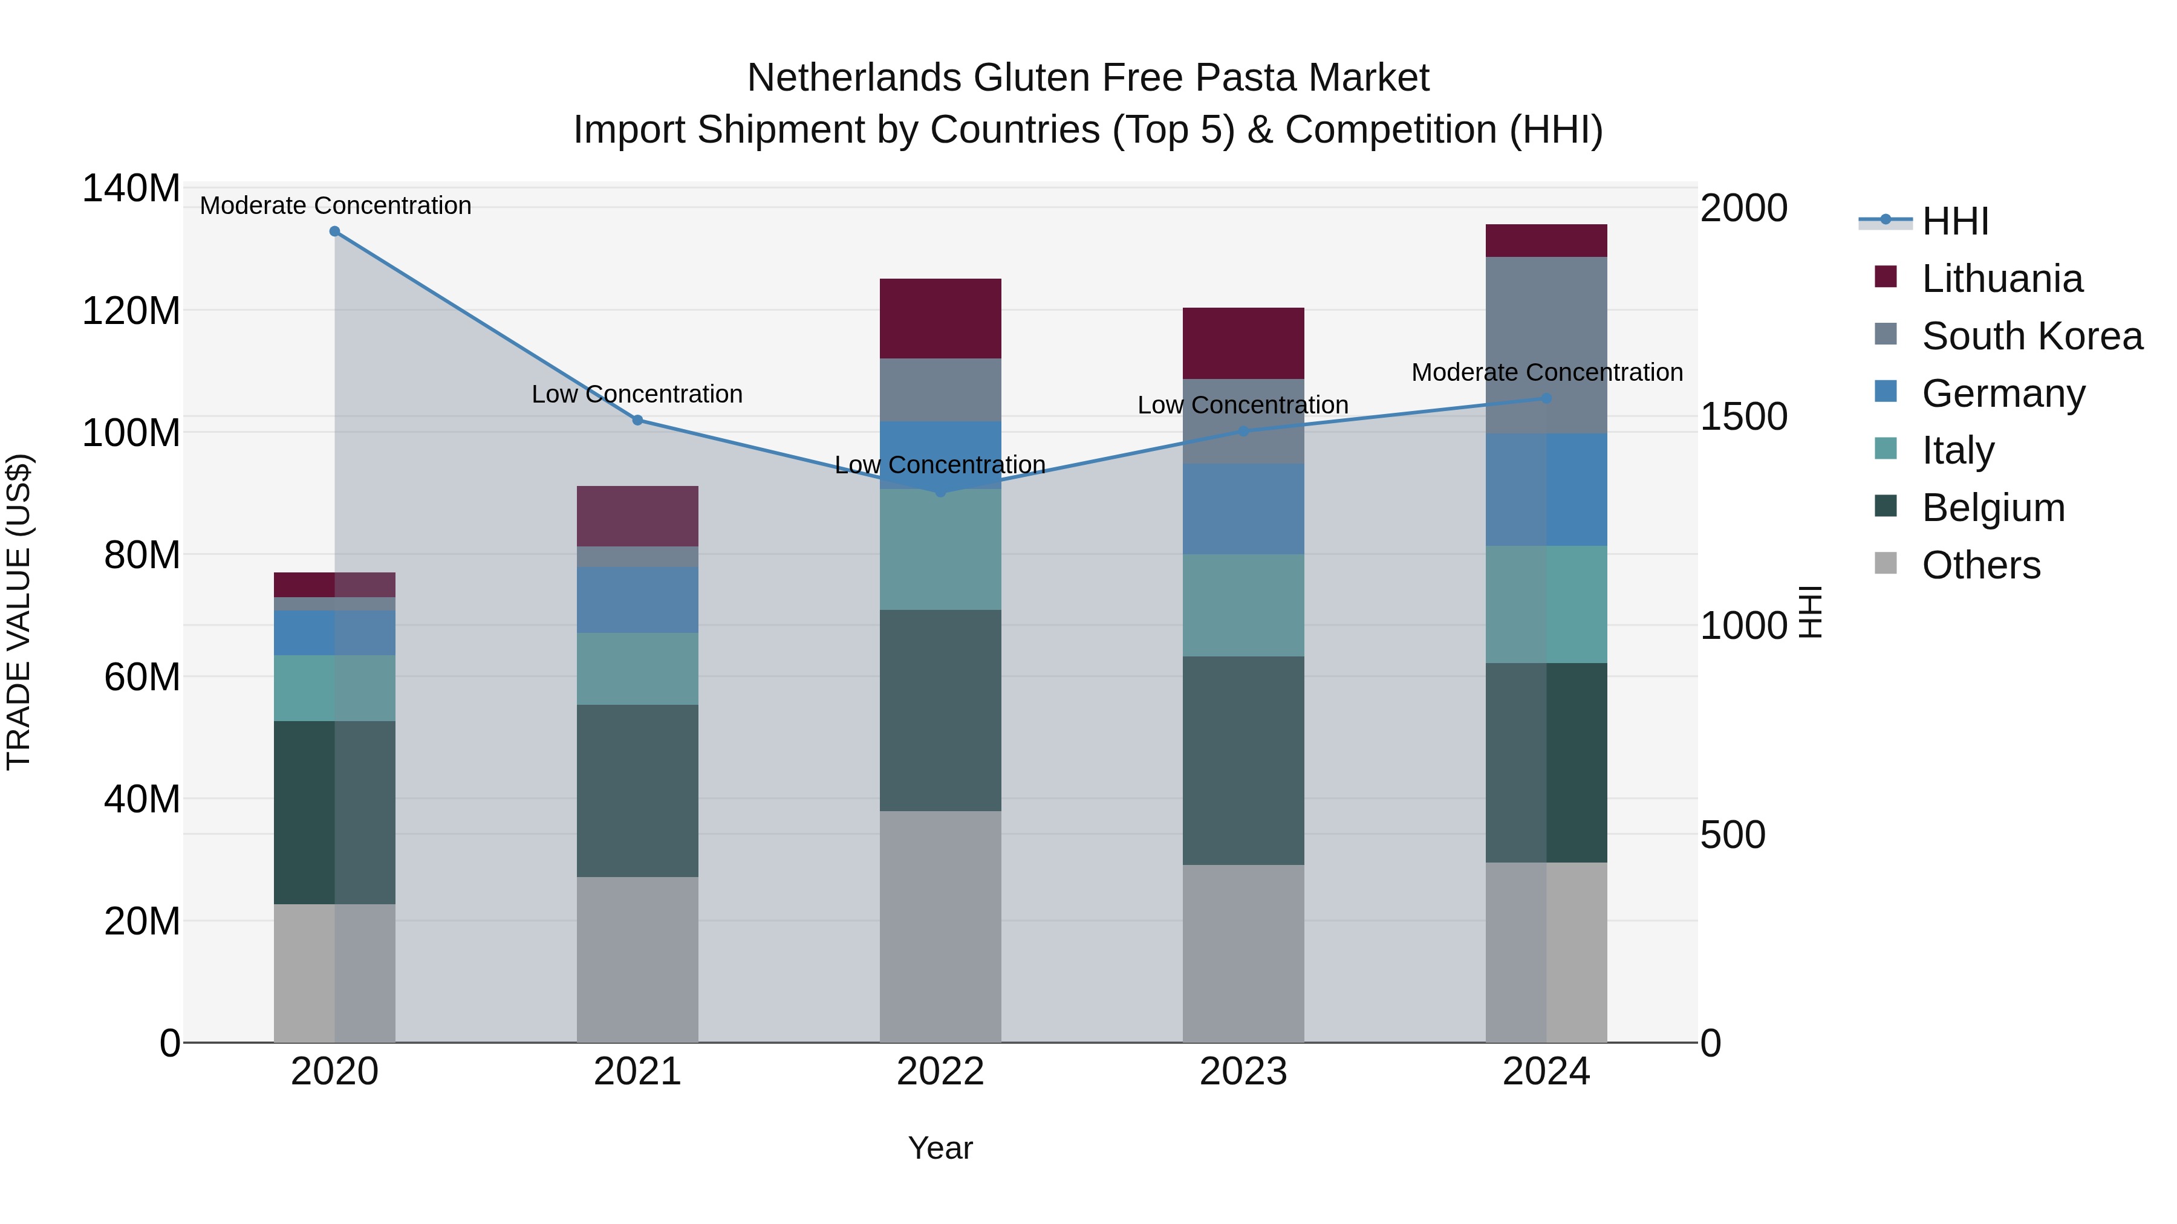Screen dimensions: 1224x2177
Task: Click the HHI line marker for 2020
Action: point(334,232)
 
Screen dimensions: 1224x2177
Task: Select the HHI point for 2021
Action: point(638,420)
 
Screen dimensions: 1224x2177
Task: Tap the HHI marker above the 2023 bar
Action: point(1243,432)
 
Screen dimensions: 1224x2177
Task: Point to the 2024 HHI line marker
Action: point(1546,399)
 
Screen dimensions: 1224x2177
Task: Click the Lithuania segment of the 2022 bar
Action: point(940,319)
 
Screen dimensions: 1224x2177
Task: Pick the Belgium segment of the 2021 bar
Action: point(638,791)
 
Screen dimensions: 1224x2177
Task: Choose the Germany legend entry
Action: point(2003,393)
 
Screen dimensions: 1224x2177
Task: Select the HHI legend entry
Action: point(1954,221)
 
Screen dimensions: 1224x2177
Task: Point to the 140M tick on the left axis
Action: point(131,189)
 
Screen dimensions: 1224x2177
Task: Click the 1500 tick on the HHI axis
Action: point(1743,417)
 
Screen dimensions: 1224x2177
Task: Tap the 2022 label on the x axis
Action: point(940,1072)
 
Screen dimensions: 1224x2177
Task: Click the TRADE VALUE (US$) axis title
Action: point(19,612)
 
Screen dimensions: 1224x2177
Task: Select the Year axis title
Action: point(940,1149)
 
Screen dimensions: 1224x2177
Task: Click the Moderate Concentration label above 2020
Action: point(336,206)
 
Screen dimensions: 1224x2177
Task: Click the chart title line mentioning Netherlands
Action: point(1088,78)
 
